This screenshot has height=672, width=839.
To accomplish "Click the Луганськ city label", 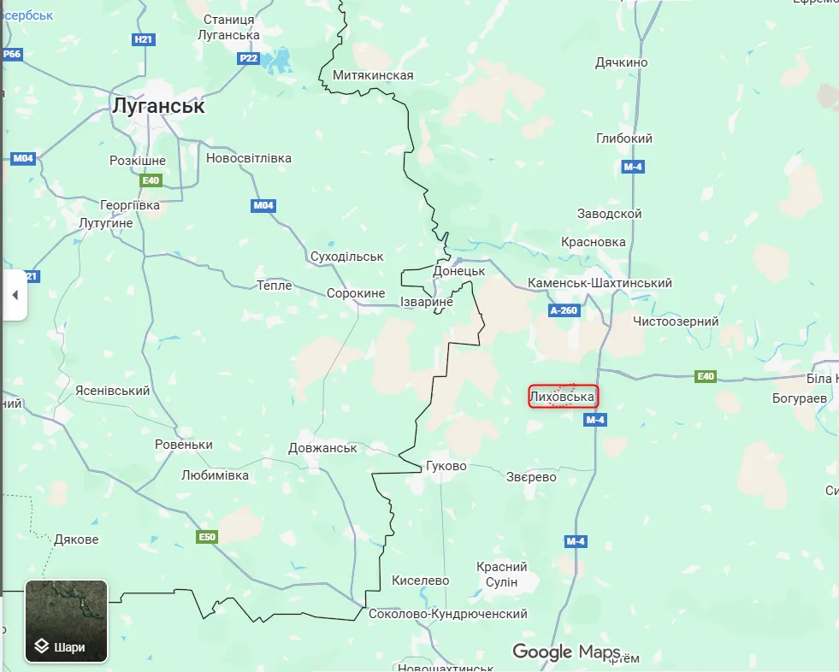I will pyautogui.click(x=159, y=106).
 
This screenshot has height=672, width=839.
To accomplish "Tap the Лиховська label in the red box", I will pyautogui.click(x=562, y=397).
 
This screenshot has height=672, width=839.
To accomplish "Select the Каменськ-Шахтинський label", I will pyautogui.click(x=600, y=283).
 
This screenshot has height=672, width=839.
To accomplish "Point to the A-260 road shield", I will pyautogui.click(x=565, y=310).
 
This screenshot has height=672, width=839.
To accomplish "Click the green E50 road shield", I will pyautogui.click(x=206, y=537).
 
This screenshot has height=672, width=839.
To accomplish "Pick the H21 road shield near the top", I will pyautogui.click(x=144, y=39).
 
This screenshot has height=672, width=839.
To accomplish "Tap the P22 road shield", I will pyautogui.click(x=248, y=58).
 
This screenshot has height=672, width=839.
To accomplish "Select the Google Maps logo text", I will pyautogui.click(x=566, y=652).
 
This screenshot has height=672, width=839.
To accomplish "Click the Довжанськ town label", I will pyautogui.click(x=322, y=448).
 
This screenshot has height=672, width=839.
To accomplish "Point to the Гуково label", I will pyautogui.click(x=446, y=466).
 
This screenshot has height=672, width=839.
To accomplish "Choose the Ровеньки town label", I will pyautogui.click(x=184, y=445).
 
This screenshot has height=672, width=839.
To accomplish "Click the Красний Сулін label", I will pyautogui.click(x=502, y=575).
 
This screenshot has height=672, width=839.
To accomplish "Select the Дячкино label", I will pyautogui.click(x=622, y=62).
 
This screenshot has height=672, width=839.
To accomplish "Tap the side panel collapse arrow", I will pyautogui.click(x=15, y=295).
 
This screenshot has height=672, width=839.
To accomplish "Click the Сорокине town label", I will pyautogui.click(x=356, y=293).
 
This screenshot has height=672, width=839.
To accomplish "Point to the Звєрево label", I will pyautogui.click(x=531, y=477).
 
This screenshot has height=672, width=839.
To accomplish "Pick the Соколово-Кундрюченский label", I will pyautogui.click(x=447, y=614).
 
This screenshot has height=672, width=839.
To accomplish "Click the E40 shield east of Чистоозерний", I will pyautogui.click(x=706, y=376).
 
